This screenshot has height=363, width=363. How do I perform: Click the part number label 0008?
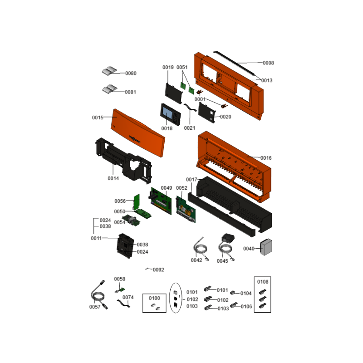[268, 63]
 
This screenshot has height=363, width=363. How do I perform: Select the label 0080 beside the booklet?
[131, 73]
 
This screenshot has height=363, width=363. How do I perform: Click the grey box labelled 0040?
[266, 247]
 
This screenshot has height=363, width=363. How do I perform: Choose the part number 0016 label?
[266, 158]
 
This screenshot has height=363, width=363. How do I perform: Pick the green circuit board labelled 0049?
[161, 201]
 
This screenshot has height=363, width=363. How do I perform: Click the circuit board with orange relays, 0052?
[186, 210]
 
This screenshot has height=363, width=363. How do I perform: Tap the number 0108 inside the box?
[263, 282]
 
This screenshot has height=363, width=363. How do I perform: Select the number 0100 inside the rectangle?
[154, 298]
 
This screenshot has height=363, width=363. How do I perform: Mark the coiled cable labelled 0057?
[99, 295]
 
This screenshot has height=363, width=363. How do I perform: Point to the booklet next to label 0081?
[110, 89]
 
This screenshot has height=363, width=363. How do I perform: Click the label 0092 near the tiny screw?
[158, 270]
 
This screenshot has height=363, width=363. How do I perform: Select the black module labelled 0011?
[125, 245]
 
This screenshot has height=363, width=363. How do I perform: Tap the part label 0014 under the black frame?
[113, 178]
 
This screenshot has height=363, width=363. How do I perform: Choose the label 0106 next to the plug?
[246, 307]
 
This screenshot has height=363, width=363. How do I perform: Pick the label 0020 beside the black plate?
[226, 117]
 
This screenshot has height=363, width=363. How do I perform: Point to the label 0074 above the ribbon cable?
[128, 297]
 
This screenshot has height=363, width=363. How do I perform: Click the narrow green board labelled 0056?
[137, 201]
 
